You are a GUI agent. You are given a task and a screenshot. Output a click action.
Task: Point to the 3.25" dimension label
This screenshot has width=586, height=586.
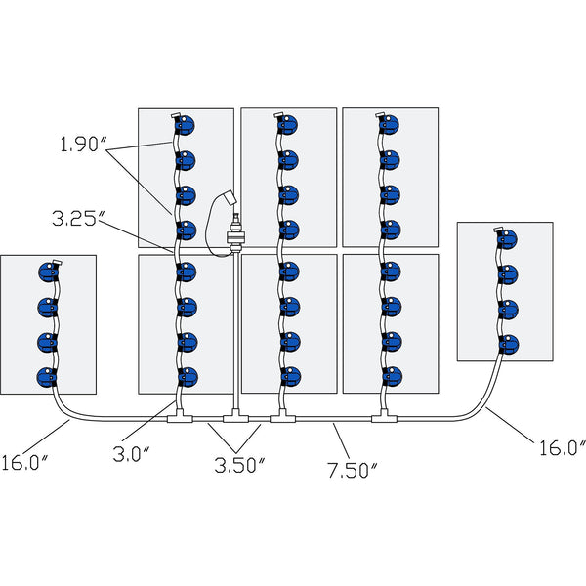75,221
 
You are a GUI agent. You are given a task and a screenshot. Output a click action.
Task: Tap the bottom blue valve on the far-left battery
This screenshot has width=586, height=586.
46,376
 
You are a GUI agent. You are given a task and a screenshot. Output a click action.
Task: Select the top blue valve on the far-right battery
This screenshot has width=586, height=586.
509,239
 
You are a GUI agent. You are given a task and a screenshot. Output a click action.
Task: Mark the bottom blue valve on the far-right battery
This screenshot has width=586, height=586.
509,345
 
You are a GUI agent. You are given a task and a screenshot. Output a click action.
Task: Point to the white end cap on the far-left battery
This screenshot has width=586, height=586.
56,263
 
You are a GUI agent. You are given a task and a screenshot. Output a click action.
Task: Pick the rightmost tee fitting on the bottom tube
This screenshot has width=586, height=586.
383,420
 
